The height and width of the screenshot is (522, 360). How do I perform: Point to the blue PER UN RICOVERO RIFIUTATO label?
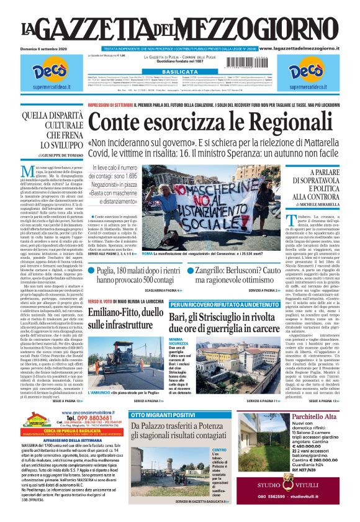tap(222, 305)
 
